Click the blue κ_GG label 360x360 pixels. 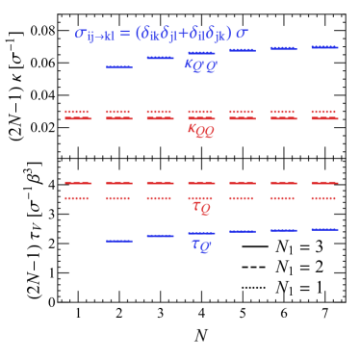(x=200, y=65)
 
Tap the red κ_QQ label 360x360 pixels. (x=200, y=130)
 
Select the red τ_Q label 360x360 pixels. (x=200, y=206)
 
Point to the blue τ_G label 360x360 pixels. (x=200, y=245)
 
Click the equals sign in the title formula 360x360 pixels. (x=125, y=34)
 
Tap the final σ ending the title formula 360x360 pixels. (x=241, y=34)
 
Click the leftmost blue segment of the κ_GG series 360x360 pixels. (x=119, y=67)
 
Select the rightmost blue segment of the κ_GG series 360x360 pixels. (x=324, y=46)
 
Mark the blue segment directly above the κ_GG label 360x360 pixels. (x=201, y=53)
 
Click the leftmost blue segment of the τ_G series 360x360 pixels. (x=119, y=241)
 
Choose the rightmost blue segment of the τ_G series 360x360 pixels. (x=324, y=229)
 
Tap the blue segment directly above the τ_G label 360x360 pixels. (x=201, y=233)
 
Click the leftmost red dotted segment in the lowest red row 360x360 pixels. (x=78, y=198)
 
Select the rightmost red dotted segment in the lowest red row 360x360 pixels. (x=324, y=198)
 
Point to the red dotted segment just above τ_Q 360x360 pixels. (x=201, y=198)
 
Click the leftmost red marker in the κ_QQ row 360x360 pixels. (x=78, y=116)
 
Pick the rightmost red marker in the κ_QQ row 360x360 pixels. (x=324, y=116)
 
